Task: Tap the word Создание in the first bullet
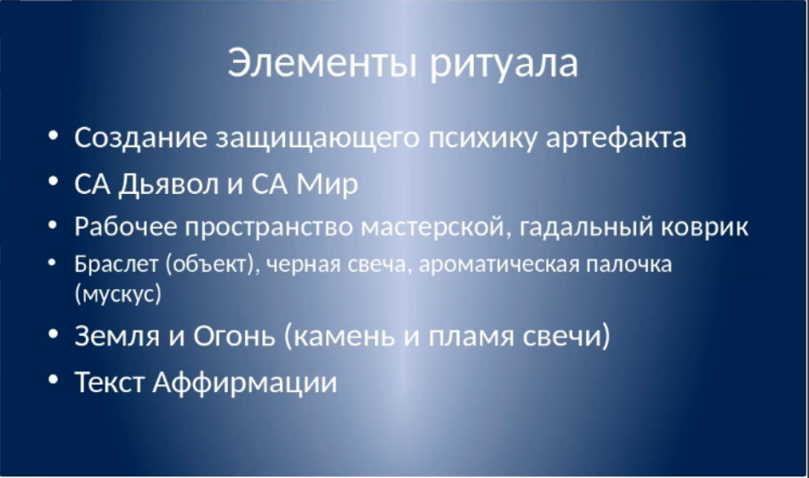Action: (x=141, y=138)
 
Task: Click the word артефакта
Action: (x=616, y=139)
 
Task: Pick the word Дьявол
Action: (x=168, y=184)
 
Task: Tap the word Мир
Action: (x=328, y=185)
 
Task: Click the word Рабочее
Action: (x=125, y=226)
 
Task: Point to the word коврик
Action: (x=704, y=227)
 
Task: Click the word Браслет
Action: (x=116, y=264)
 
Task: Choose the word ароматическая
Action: (x=498, y=265)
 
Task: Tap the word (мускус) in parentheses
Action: (x=118, y=294)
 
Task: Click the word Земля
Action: (x=117, y=336)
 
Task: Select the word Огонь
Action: (x=234, y=336)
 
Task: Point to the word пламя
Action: (x=471, y=337)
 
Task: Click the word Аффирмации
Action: (x=245, y=383)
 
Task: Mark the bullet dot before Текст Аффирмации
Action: (x=53, y=379)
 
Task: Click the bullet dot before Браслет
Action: (x=52, y=263)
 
